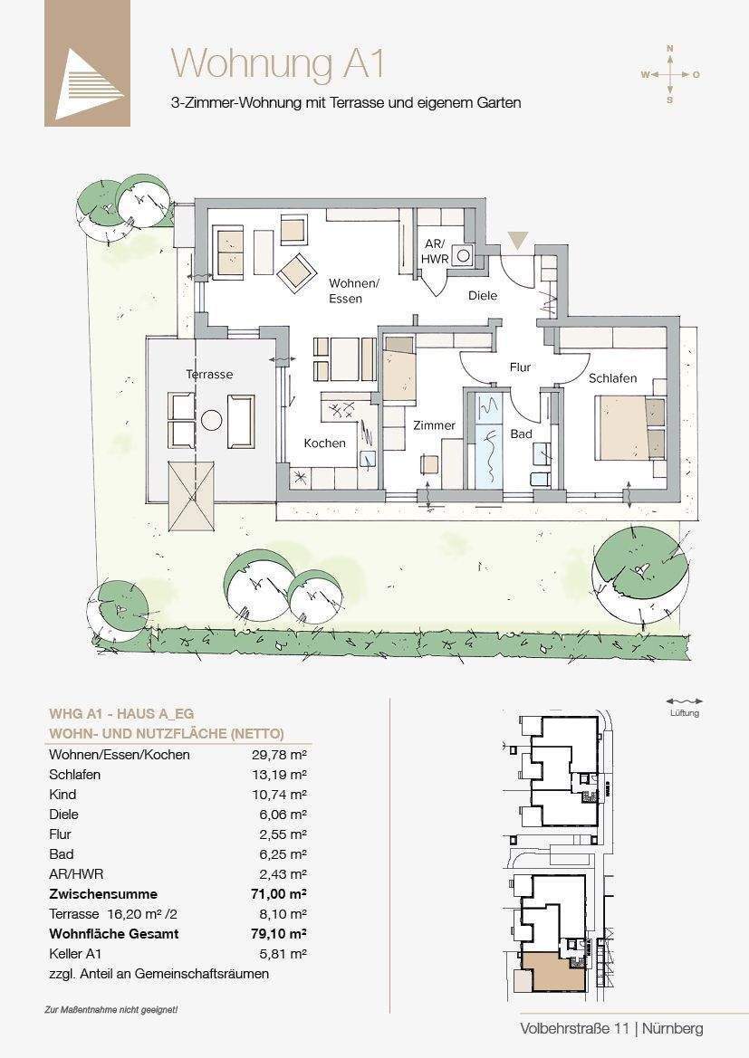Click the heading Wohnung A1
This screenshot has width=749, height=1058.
[277, 64]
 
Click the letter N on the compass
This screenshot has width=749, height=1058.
[670, 49]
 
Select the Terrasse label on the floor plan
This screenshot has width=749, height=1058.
[209, 375]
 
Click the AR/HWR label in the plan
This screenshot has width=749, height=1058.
[434, 251]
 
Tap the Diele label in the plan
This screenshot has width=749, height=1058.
[483, 296]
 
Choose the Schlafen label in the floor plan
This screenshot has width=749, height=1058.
[612, 378]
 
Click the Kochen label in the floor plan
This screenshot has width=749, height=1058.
[325, 443]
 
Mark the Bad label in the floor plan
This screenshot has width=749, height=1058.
[522, 434]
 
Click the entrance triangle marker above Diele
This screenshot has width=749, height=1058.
[518, 241]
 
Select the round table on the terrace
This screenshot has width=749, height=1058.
[212, 420]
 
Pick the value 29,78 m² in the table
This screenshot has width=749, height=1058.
[280, 755]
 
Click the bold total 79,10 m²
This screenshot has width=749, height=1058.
[279, 935]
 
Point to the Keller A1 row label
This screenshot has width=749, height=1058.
[75, 954]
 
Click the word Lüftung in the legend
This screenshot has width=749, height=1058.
[685, 713]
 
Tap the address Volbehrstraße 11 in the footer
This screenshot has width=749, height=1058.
[575, 1029]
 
